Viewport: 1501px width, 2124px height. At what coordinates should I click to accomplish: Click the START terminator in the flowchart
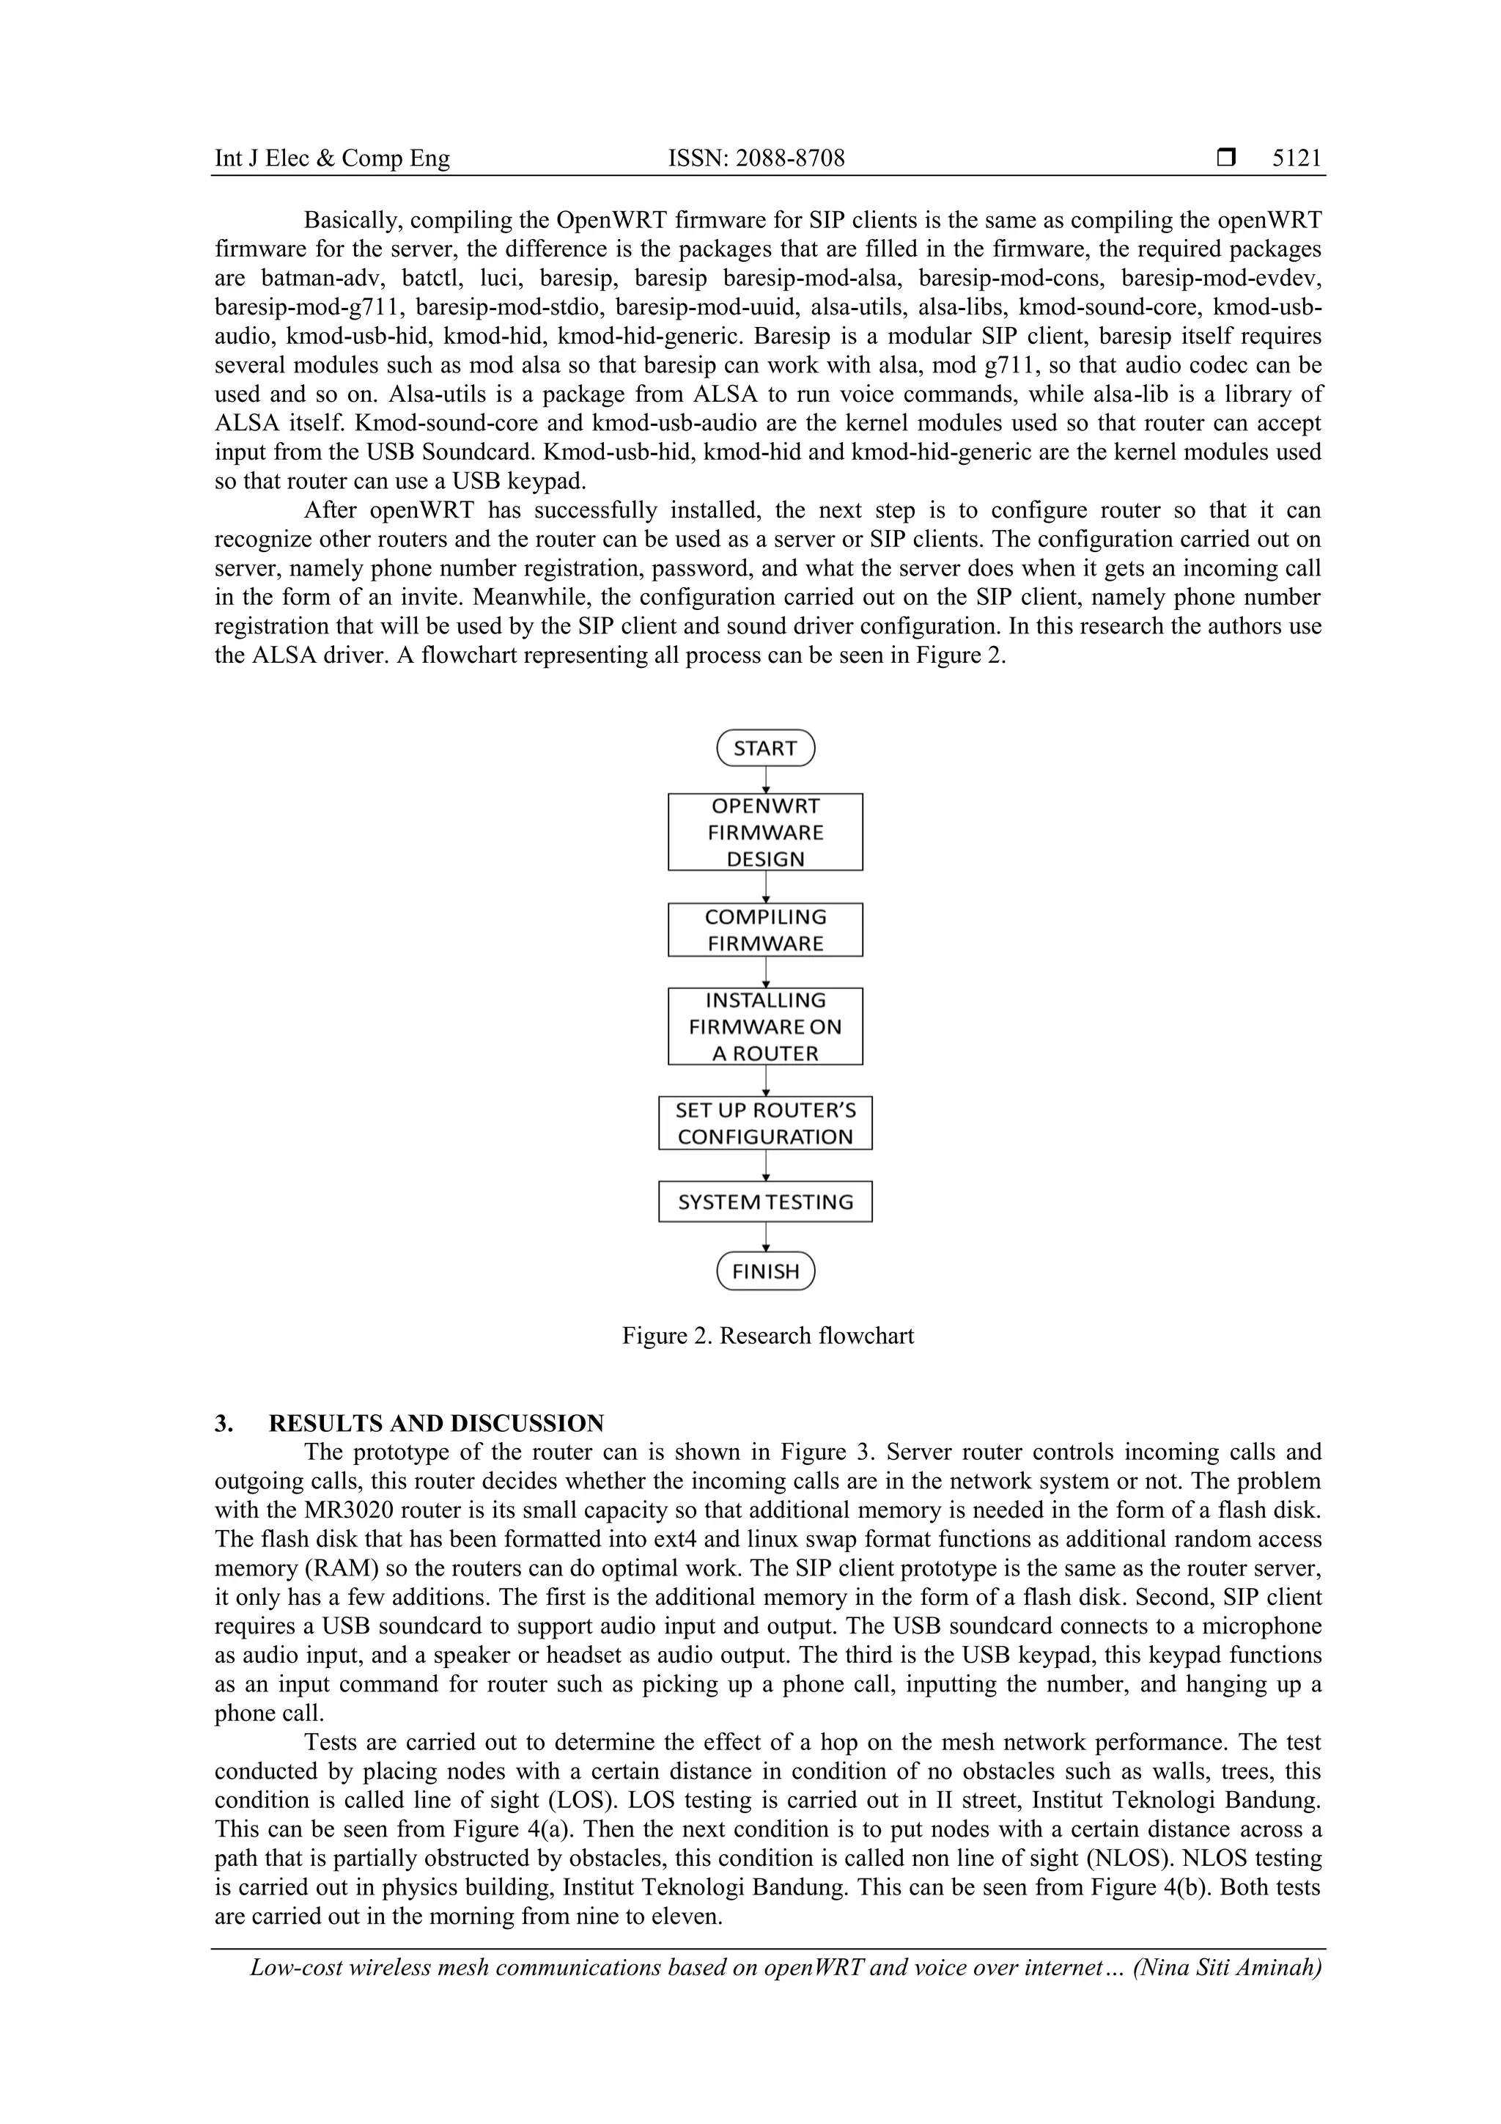pyautogui.click(x=765, y=749)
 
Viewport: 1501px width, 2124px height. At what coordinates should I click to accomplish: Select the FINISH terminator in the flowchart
pyautogui.click(x=765, y=1271)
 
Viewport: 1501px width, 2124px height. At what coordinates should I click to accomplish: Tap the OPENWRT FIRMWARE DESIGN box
pyautogui.click(x=765, y=831)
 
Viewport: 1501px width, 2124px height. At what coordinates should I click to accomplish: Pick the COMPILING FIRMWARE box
pyautogui.click(x=765, y=930)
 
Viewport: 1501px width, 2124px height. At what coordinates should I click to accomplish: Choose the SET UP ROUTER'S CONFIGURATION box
pyautogui.click(x=765, y=1123)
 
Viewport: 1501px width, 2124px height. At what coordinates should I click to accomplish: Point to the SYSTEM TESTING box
pyautogui.click(x=765, y=1202)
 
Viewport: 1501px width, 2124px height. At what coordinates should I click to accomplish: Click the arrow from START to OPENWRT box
pyautogui.click(x=766, y=780)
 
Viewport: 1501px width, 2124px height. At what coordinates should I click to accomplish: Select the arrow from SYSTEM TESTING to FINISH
pyautogui.click(x=766, y=1237)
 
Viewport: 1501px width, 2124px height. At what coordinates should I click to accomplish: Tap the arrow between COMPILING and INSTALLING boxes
pyautogui.click(x=766, y=972)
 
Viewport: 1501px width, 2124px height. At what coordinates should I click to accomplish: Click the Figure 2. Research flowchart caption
pyautogui.click(x=767, y=1336)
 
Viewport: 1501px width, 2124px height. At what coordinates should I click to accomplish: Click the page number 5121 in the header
pyautogui.click(x=1297, y=158)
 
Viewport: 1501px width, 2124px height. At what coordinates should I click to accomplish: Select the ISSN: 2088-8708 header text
pyautogui.click(x=756, y=158)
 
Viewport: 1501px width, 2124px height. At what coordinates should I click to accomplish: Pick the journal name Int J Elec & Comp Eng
pyautogui.click(x=332, y=158)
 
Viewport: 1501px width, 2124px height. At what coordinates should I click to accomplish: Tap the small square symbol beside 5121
pyautogui.click(x=1226, y=158)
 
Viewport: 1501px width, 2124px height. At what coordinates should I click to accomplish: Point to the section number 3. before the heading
pyautogui.click(x=223, y=1423)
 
